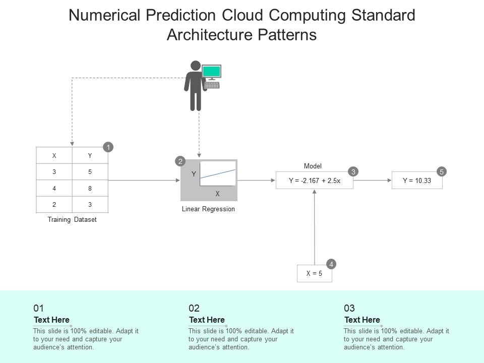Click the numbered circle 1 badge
108,147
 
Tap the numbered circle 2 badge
180,161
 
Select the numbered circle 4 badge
331,264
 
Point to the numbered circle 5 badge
442,171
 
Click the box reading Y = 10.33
417,180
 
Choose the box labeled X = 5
315,274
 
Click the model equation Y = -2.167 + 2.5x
315,180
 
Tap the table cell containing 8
90,188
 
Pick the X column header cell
54,156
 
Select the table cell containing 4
54,188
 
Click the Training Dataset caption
72,220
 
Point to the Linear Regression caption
208,209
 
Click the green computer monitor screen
212,71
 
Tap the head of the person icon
196,66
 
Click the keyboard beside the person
212,85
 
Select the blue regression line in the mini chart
218,173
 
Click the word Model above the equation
313,166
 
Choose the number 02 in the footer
194,308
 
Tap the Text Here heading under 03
362,320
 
